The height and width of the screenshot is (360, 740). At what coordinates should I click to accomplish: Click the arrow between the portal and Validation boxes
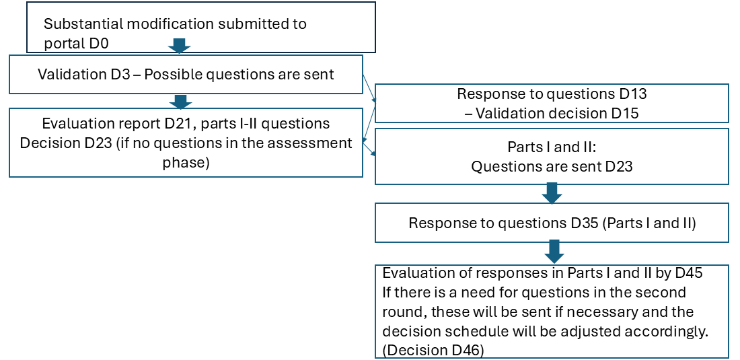click(x=179, y=46)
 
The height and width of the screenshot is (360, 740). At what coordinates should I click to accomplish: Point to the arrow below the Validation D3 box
click(x=179, y=101)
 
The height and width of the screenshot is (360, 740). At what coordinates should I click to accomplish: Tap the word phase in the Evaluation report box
click(x=186, y=163)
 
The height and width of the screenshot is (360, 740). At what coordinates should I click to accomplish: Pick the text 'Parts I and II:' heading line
click(x=552, y=147)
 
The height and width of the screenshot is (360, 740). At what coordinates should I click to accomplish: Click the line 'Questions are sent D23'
click(x=552, y=166)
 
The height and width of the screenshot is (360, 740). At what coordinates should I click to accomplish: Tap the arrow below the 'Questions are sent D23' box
click(x=552, y=194)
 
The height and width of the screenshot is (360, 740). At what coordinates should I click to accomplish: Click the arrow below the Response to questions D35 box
click(x=553, y=252)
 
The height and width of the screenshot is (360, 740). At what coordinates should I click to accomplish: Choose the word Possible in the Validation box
click(x=171, y=74)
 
